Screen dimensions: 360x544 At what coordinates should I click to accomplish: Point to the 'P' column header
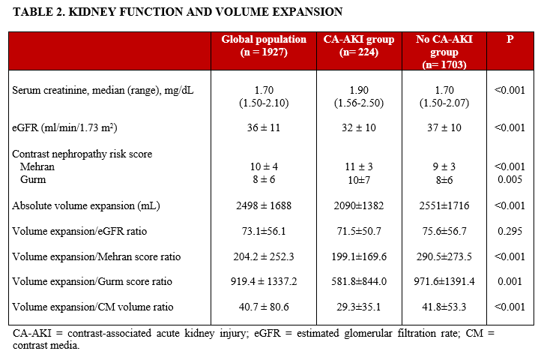pyautogui.click(x=510, y=39)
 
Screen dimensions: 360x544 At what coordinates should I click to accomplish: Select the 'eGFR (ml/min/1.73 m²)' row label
pyautogui.click(x=67, y=128)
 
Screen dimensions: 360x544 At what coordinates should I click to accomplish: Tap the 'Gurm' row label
pyautogui.click(x=34, y=179)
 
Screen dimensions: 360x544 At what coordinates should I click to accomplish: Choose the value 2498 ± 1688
pyautogui.click(x=263, y=205)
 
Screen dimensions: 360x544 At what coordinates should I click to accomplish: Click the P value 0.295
pyautogui.click(x=510, y=231)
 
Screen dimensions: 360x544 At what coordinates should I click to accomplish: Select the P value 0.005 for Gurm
pyautogui.click(x=510, y=179)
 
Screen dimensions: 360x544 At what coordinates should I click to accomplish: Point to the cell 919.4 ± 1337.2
pyautogui.click(x=263, y=282)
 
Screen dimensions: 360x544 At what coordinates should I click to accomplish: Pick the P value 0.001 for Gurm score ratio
pyautogui.click(x=510, y=282)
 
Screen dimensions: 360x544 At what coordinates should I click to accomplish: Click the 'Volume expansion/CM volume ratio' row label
pyautogui.click(x=92, y=307)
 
